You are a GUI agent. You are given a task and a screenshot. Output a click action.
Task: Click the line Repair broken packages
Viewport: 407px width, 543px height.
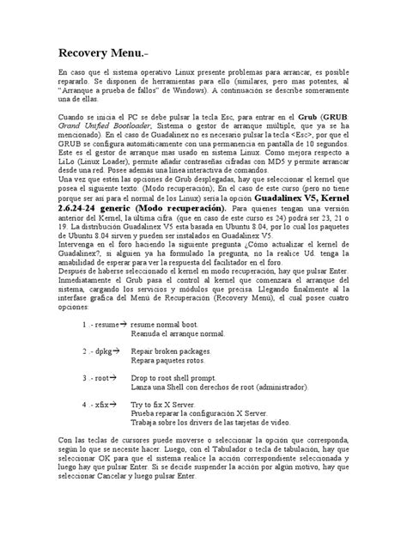170,352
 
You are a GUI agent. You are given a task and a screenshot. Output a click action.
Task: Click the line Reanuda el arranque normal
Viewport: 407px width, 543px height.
177,335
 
